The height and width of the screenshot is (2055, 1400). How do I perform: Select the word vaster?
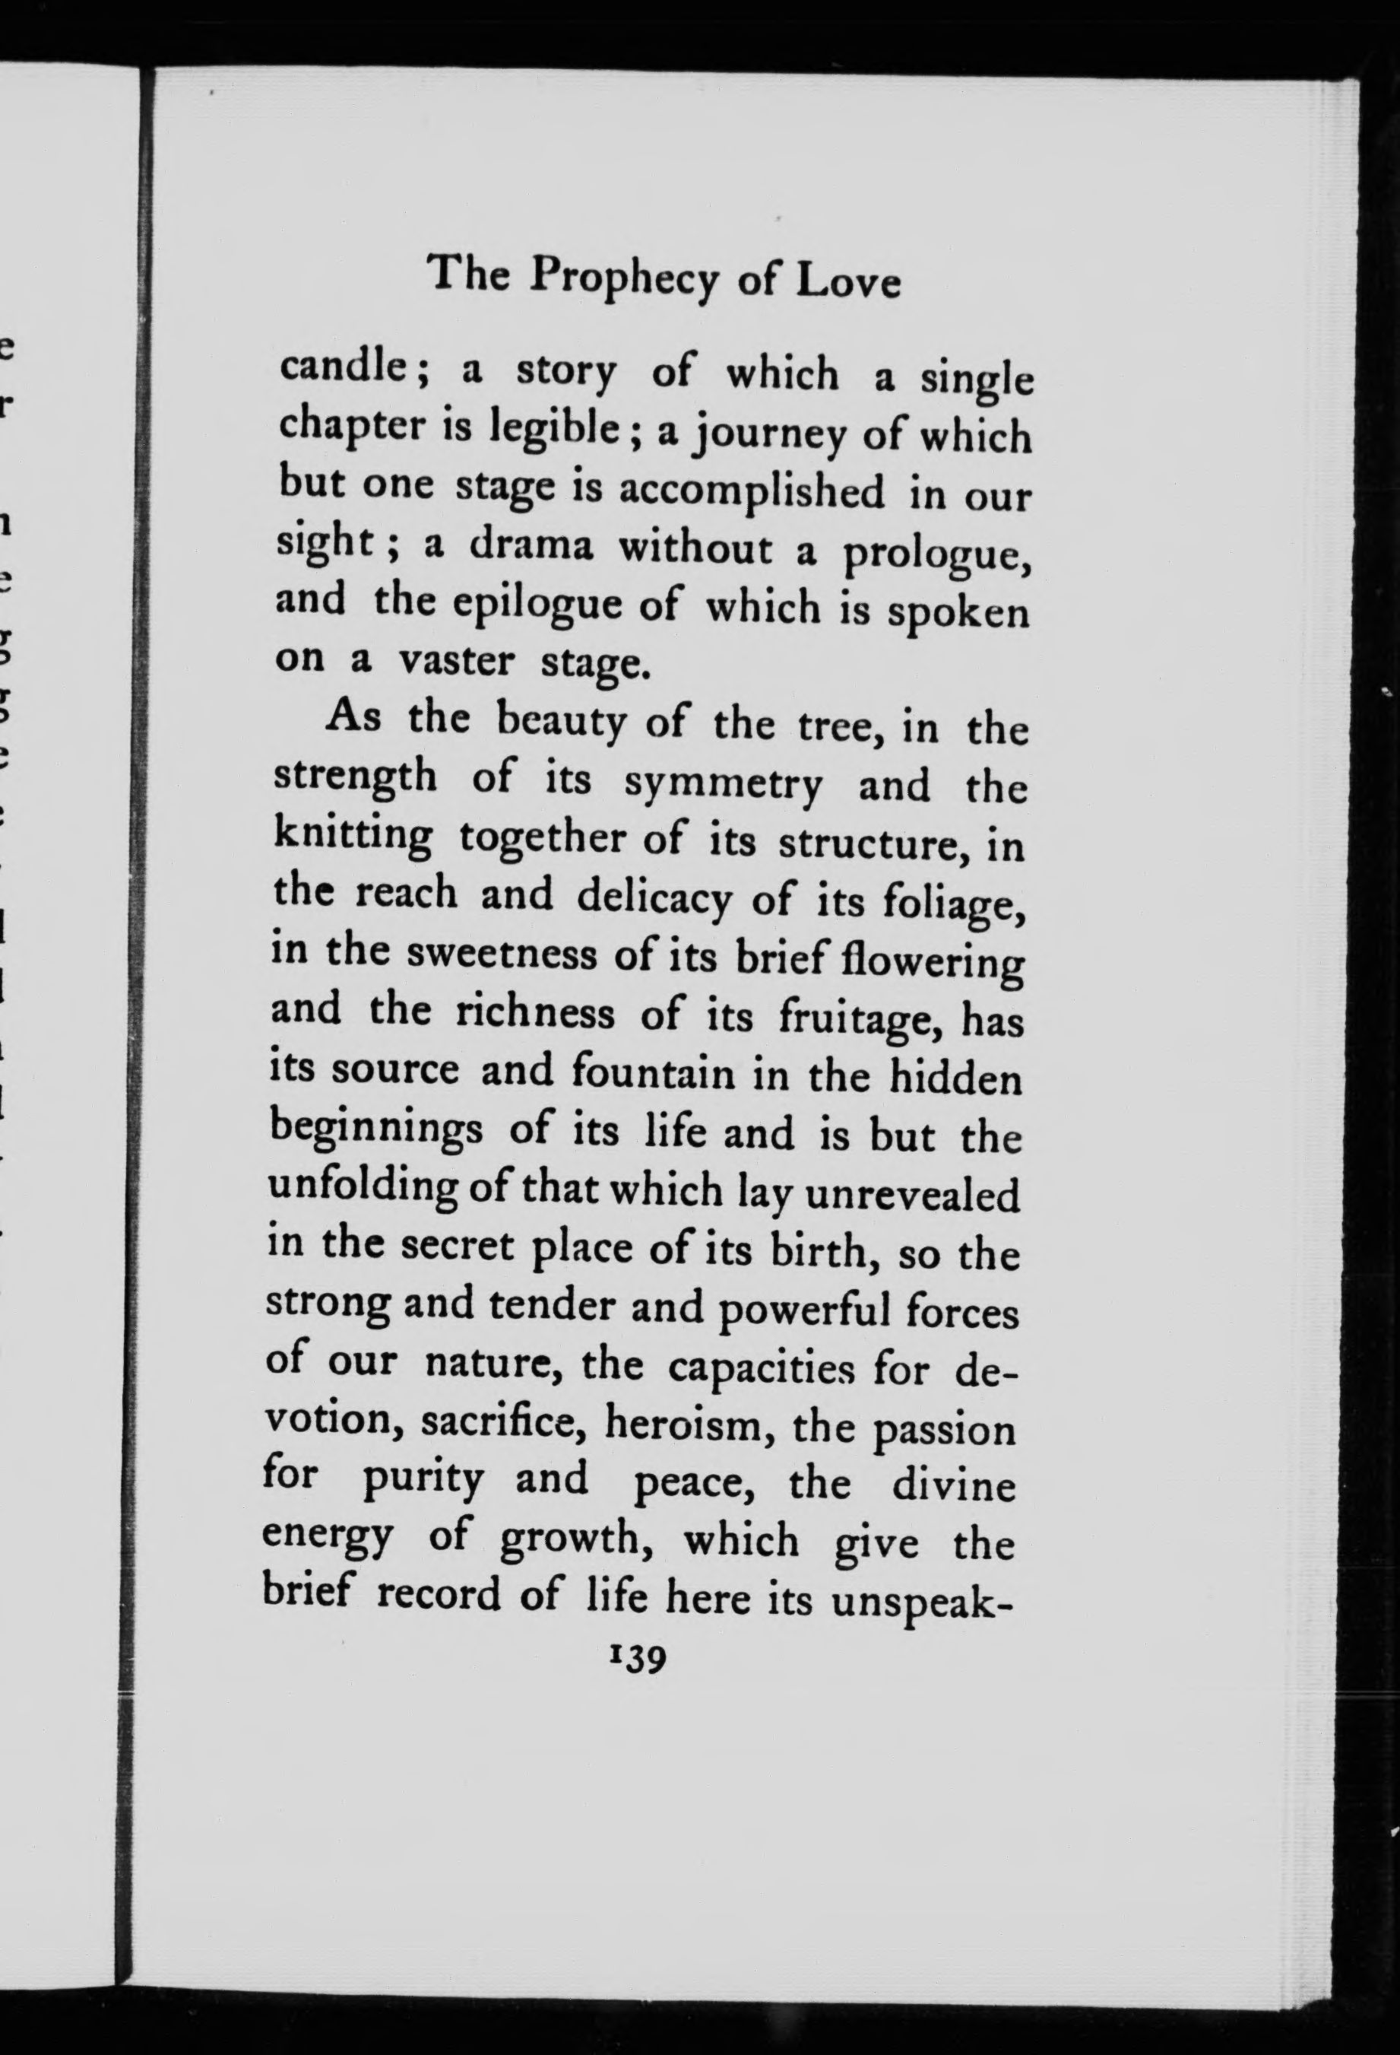(x=456, y=662)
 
